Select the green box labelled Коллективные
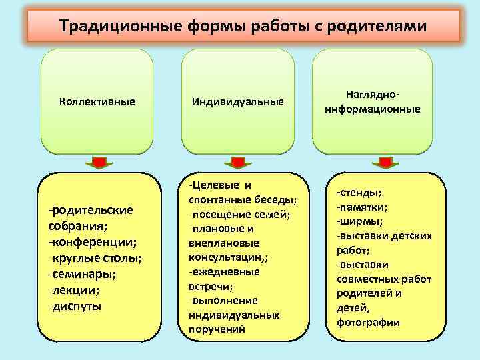pyautogui.click(x=97, y=102)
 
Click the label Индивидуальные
pyautogui.click(x=237, y=102)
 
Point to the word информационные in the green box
pyautogui.click(x=373, y=109)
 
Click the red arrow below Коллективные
pyautogui.click(x=99, y=161)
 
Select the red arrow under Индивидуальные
pyautogui.click(x=238, y=161)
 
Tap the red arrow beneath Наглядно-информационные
pyautogui.click(x=384, y=161)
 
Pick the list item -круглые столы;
pyautogui.click(x=95, y=257)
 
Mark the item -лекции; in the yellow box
pyautogui.click(x=74, y=290)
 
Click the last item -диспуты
pyautogui.click(x=75, y=306)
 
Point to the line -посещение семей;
pyautogui.click(x=239, y=213)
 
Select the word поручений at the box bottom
pyautogui.click(x=217, y=329)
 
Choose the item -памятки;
pyautogui.click(x=363, y=207)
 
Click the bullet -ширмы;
pyautogui.click(x=359, y=221)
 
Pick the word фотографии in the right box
pyautogui.click(x=369, y=322)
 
